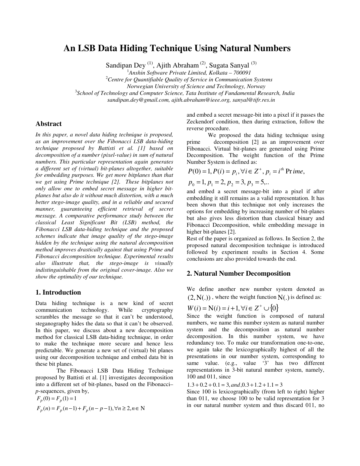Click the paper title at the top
click(177, 48)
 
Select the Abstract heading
click(48, 124)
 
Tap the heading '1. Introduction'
click(58, 292)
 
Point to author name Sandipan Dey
click(125, 66)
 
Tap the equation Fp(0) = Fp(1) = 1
click(56, 399)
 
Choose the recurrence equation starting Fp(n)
click(90, 408)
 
